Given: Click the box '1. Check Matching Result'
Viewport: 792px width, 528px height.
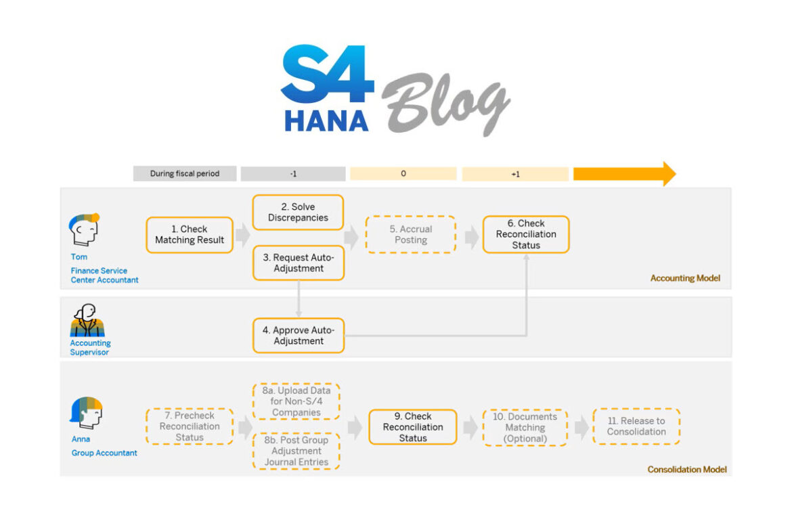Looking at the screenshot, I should point(190,235).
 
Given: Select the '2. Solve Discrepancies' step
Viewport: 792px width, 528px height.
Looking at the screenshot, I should point(298,213).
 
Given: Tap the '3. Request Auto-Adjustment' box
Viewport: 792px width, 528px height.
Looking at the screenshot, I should point(298,263).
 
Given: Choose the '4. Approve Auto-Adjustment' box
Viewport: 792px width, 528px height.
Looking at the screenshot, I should point(298,336).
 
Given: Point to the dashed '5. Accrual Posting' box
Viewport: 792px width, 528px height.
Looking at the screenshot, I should point(411,235).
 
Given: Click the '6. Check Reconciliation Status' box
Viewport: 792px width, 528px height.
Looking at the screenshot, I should point(526,234).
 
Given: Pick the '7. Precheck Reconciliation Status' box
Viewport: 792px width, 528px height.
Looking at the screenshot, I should point(190,426).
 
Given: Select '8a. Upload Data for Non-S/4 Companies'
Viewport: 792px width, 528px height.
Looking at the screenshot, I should point(296,401).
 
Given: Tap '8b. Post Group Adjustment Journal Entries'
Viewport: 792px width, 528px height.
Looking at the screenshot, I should point(296,451).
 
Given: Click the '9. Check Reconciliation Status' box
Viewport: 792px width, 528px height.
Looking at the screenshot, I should point(412,427).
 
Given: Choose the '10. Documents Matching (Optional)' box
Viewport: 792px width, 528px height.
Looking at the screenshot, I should point(525,428).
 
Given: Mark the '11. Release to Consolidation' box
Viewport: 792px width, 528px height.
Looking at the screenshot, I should point(636,426).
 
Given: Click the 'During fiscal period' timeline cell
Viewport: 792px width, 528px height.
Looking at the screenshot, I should point(185,174).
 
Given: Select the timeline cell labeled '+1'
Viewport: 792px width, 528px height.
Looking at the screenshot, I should point(515,174).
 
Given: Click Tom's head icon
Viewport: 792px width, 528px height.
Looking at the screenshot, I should point(84,231).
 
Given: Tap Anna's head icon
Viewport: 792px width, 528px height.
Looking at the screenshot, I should point(86,413).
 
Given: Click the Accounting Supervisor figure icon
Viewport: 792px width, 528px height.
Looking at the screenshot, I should point(87,322).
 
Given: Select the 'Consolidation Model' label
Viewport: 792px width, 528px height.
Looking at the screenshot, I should point(687,469).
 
